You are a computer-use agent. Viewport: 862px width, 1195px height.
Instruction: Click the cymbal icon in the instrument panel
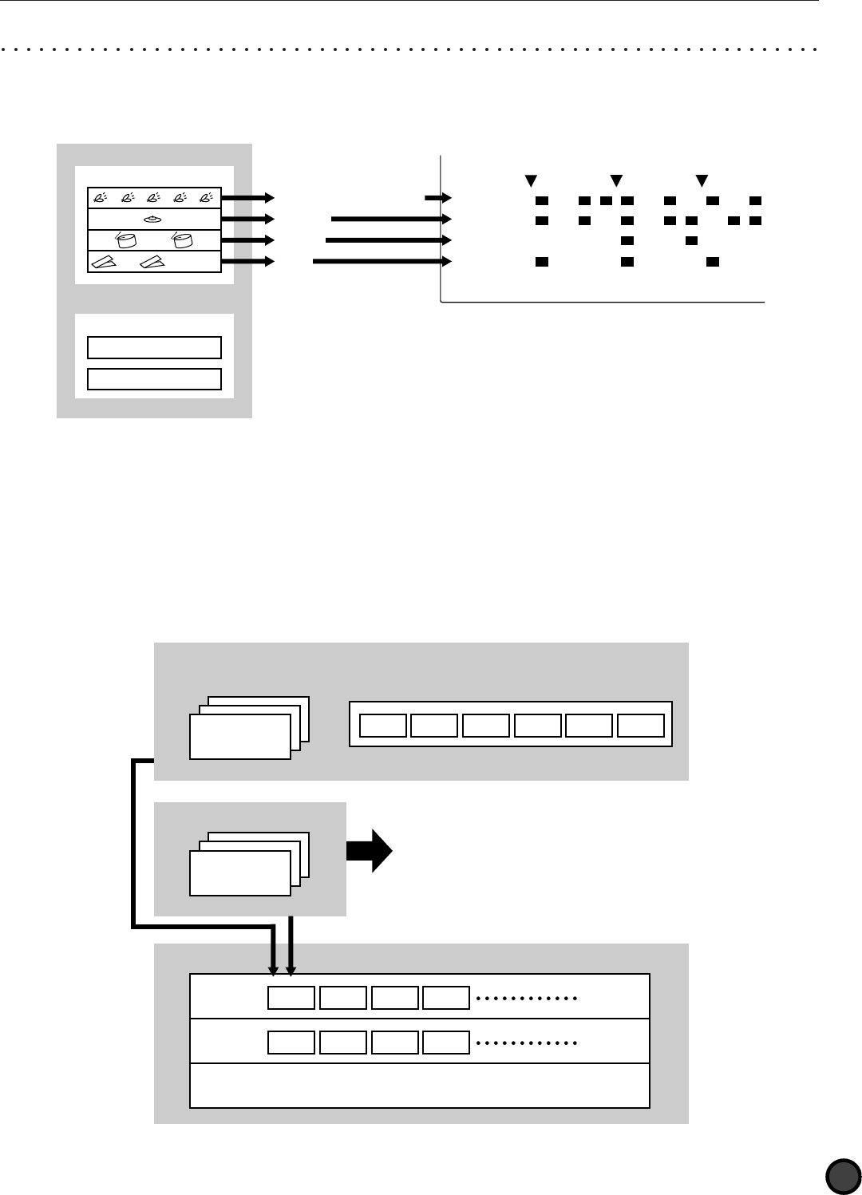click(154, 219)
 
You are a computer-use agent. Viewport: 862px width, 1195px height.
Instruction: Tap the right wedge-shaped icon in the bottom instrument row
click(155, 261)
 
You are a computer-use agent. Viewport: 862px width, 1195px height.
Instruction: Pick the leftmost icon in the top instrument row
click(100, 198)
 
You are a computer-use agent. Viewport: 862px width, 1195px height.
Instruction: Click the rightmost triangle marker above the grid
click(702, 179)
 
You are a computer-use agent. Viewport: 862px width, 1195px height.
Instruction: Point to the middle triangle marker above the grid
click(616, 179)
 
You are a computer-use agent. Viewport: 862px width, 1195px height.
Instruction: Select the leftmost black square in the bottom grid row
click(542, 261)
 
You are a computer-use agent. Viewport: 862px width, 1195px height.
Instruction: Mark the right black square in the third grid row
click(691, 240)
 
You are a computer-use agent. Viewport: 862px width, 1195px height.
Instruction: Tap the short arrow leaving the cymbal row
click(247, 219)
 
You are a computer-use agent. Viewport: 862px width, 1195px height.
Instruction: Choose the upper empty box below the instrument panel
click(154, 348)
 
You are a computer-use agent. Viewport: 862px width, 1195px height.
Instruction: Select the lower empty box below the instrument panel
click(154, 378)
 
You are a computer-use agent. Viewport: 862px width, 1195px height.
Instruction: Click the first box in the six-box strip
click(382, 725)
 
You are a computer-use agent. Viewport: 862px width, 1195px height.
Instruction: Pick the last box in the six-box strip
click(641, 725)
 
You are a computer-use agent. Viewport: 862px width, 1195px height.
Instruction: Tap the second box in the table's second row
click(342, 1043)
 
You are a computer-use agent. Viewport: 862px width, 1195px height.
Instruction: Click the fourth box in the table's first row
click(446, 998)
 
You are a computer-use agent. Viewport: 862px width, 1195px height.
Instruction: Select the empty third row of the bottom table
click(419, 1086)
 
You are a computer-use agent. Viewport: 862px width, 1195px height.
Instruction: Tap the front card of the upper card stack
click(239, 736)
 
